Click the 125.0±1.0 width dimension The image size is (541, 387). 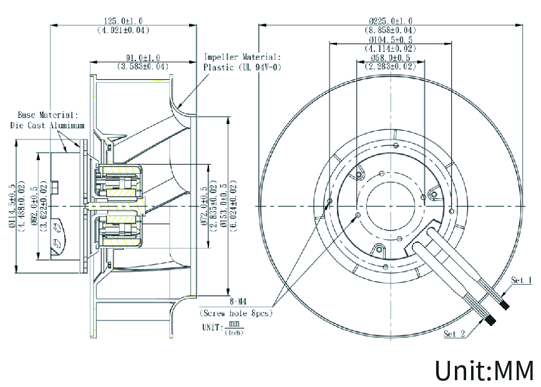coord(123,21)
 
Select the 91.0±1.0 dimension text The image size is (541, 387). coord(142,57)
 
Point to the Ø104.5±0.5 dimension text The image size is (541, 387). coord(390,39)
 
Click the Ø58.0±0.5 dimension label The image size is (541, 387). coord(390,57)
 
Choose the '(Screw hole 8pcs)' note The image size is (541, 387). coord(236,313)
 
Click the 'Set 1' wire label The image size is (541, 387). coord(521,280)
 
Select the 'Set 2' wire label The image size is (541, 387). coord(454,334)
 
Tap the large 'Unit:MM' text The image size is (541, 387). coord(484,370)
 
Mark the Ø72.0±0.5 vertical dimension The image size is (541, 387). coord(203,206)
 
